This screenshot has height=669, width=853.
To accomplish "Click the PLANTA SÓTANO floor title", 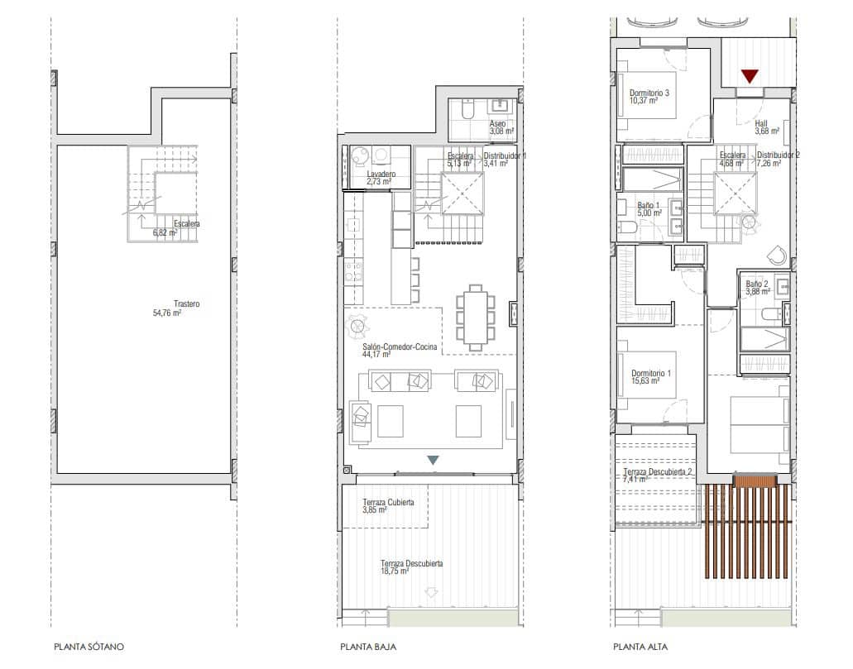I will coord(89,647).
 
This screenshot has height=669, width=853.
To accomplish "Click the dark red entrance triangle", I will coord(750,77).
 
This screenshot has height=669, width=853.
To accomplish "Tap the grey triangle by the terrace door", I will coord(433,460).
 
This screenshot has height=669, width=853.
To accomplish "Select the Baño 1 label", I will coord(649,208).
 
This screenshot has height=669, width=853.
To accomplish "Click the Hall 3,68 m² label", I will coord(766,127).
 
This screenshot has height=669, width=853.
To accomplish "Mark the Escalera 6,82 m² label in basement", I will coord(175,228).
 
